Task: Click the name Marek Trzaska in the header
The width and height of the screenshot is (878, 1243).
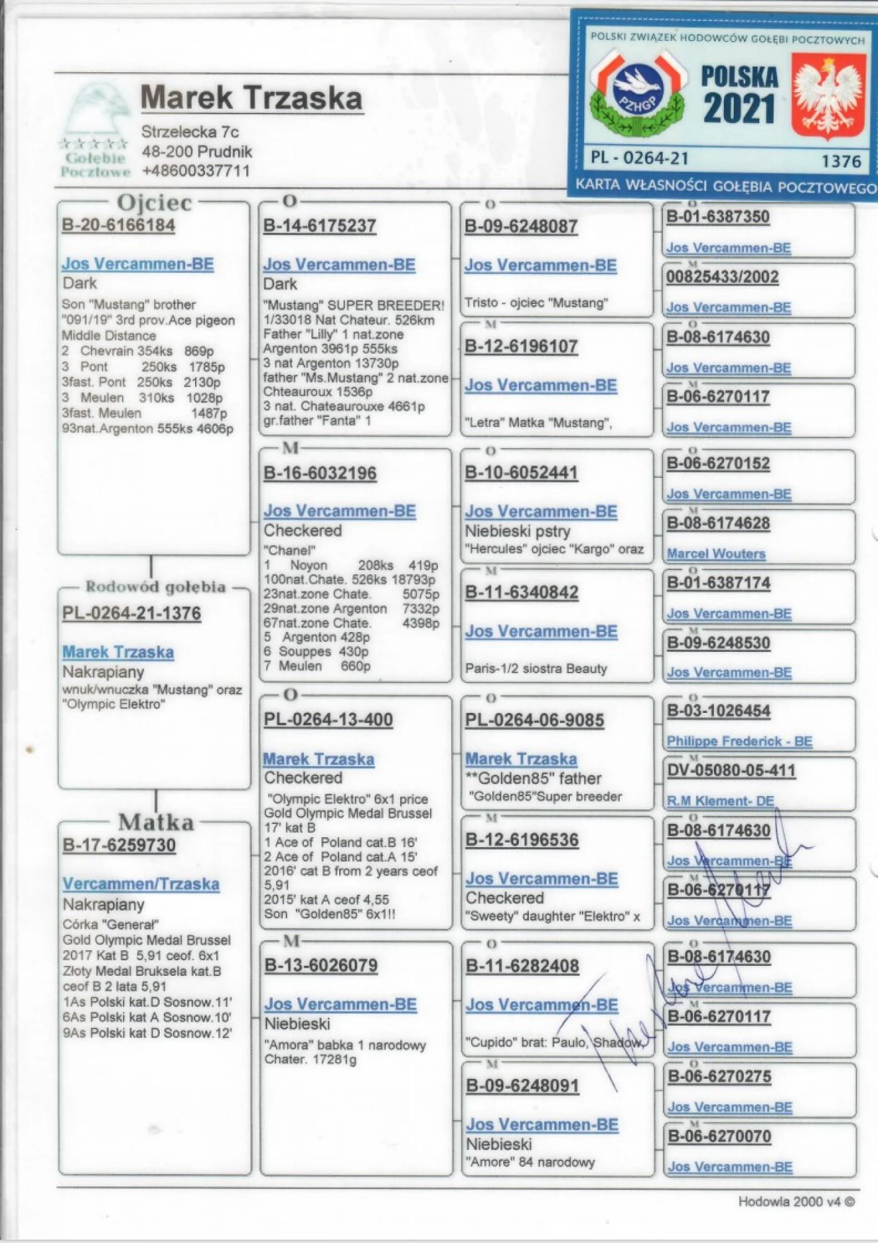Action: tap(252, 98)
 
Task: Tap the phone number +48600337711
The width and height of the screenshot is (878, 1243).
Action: tap(196, 171)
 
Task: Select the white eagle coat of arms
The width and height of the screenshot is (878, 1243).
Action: tap(829, 97)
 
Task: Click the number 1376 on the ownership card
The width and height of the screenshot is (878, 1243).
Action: tap(841, 161)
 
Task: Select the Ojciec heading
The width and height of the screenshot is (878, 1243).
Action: tap(155, 203)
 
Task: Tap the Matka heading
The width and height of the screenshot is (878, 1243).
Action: tap(156, 822)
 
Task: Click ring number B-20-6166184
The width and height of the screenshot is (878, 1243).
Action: tap(118, 225)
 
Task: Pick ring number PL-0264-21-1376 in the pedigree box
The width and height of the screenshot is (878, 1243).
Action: tap(132, 613)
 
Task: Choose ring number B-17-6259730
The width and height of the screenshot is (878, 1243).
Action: tap(119, 845)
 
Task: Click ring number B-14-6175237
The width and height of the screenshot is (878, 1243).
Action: tap(319, 226)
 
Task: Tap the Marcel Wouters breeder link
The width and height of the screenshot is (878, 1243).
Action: tap(716, 554)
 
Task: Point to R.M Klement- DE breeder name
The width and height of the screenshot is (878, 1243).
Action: tap(720, 801)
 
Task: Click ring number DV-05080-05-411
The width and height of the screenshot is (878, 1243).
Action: tap(731, 771)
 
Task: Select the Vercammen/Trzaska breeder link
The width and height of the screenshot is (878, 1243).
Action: tap(141, 884)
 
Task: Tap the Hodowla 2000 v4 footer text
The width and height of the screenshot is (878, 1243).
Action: tap(796, 1201)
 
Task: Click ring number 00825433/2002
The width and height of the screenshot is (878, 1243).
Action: tap(722, 277)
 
